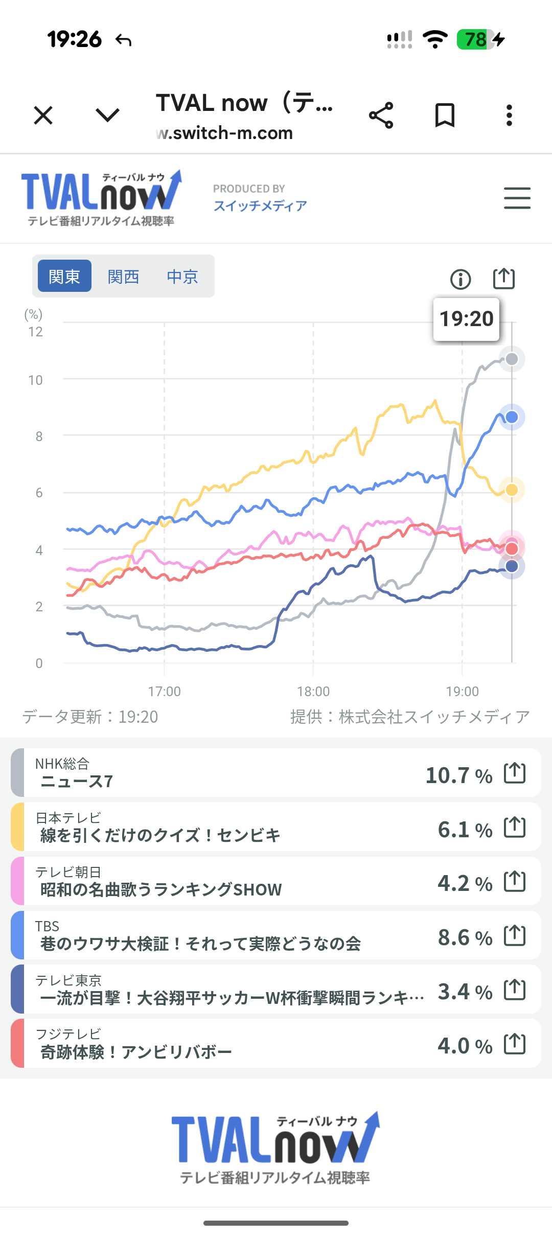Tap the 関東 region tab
click(64, 276)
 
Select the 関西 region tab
click(123, 277)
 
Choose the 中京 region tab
click(182, 277)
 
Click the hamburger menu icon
click(517, 198)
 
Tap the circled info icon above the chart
click(461, 279)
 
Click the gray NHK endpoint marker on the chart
click(512, 359)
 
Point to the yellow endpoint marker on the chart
click(512, 490)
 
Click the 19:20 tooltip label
click(466, 319)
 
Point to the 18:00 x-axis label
click(313, 692)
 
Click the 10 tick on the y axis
click(36, 380)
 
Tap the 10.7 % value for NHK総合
click(458, 775)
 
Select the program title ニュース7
click(77, 782)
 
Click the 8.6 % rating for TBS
click(465, 937)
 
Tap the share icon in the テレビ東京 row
click(515, 990)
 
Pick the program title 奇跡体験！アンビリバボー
click(136, 1052)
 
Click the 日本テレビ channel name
click(68, 818)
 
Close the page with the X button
click(43, 115)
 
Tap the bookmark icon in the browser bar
click(445, 115)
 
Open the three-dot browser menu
click(509, 115)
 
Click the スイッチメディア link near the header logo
click(260, 205)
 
